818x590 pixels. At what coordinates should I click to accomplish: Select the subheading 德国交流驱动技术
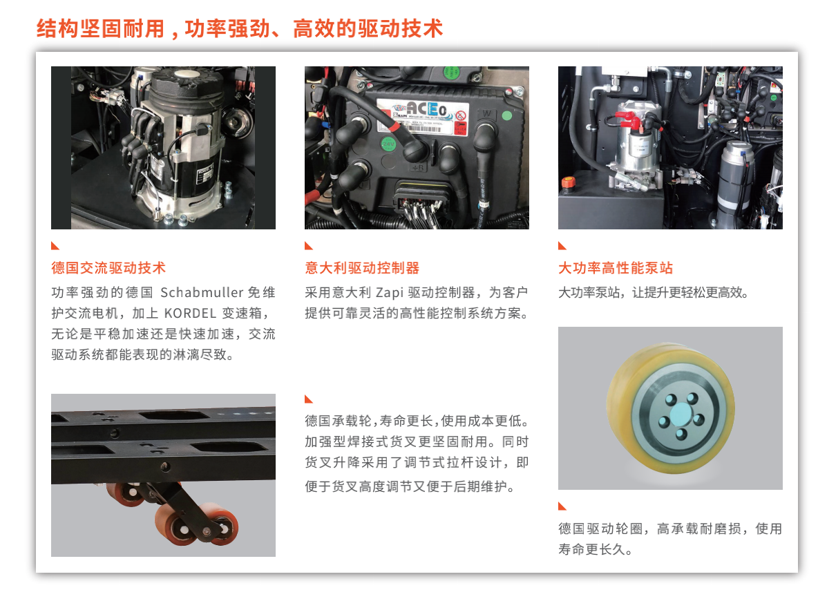click(x=108, y=268)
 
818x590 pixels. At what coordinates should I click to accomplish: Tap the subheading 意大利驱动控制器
click(x=362, y=268)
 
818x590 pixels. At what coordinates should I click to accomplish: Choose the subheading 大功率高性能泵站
click(x=616, y=268)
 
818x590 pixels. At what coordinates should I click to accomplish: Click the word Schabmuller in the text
click(x=202, y=292)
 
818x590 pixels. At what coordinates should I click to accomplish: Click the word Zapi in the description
click(x=390, y=292)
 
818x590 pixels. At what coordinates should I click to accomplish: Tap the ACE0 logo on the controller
click(x=427, y=109)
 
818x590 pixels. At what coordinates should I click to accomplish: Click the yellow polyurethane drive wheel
click(x=670, y=408)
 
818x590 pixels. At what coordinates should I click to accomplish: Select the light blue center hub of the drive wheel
click(x=681, y=415)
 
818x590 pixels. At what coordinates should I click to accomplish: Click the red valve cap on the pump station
click(x=629, y=120)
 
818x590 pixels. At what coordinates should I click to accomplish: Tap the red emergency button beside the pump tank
click(x=568, y=182)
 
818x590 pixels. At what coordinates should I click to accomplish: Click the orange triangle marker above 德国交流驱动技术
click(x=55, y=246)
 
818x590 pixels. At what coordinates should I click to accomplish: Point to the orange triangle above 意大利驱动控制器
click(x=308, y=246)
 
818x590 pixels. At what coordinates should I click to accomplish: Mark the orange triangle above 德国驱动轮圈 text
click(x=562, y=506)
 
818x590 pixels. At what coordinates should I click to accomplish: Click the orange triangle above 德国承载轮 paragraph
click(x=308, y=399)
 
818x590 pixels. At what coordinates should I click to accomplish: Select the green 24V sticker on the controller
click(x=388, y=144)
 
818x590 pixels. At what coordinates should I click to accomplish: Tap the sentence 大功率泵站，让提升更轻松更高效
click(x=653, y=292)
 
